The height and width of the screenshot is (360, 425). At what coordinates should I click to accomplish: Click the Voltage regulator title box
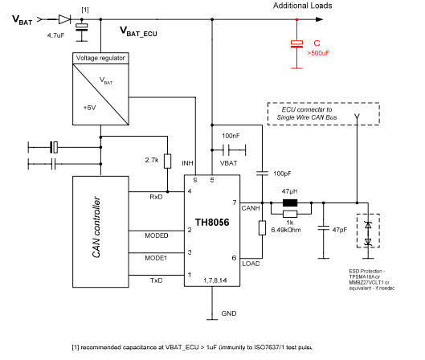click(100, 59)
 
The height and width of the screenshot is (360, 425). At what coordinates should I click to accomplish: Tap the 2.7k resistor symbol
click(166, 161)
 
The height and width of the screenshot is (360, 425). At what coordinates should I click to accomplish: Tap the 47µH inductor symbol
click(290, 203)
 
